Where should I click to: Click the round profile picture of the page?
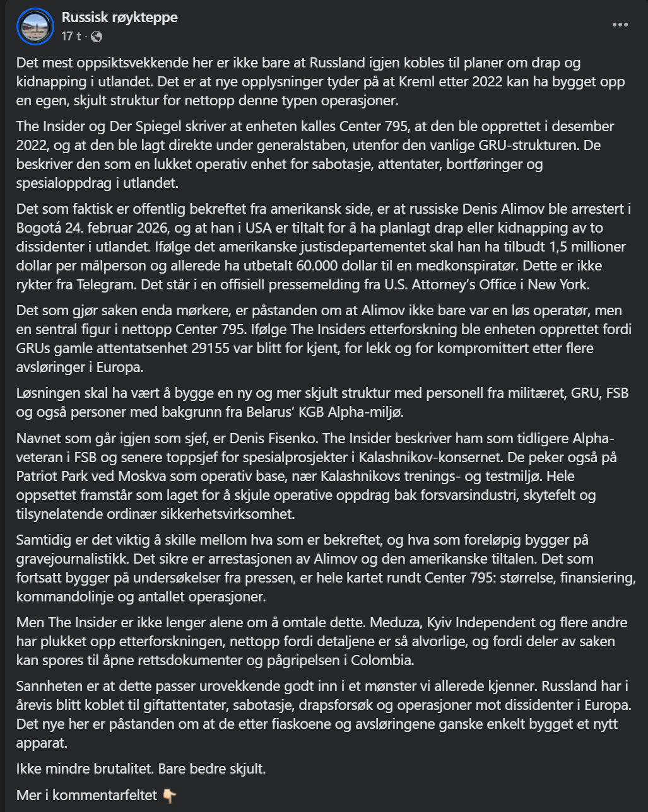[35, 26]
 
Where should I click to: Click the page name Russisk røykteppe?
[119, 18]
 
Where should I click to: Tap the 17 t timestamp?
[71, 37]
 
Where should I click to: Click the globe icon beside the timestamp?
[97, 37]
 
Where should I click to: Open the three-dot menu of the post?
[620, 25]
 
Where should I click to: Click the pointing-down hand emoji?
[169, 795]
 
